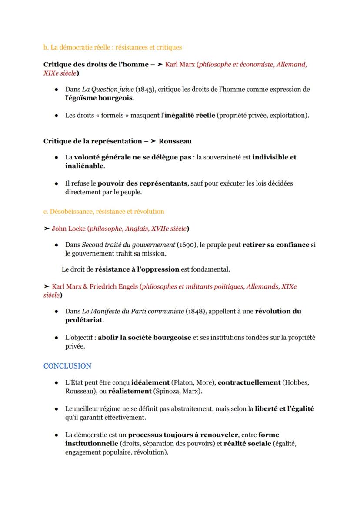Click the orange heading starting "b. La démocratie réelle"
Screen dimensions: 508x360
[112, 47]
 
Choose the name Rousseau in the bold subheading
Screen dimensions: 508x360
[175, 141]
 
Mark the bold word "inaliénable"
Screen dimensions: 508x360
[84, 166]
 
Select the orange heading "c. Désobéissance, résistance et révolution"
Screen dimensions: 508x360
[103, 212]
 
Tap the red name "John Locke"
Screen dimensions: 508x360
[68, 229]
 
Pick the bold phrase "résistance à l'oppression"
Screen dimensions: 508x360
[137, 269]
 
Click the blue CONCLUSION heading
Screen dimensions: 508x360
[67, 366]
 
